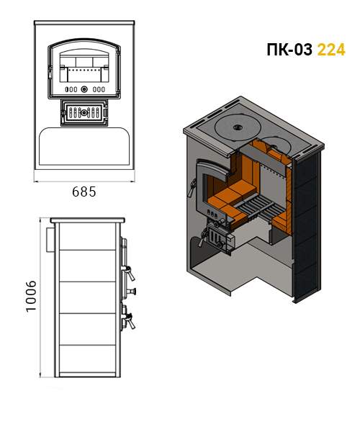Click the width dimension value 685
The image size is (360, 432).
coord(84,192)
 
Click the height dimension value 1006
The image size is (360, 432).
coord(31,296)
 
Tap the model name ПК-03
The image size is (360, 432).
coord(289,50)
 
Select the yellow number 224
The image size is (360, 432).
coord(331,50)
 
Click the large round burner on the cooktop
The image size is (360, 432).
coord(237,127)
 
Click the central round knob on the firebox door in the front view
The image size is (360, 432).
coord(84,89)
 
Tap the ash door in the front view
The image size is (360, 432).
coord(84,113)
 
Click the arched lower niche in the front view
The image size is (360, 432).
coord(84,146)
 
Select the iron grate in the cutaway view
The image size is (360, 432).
coord(258,207)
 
